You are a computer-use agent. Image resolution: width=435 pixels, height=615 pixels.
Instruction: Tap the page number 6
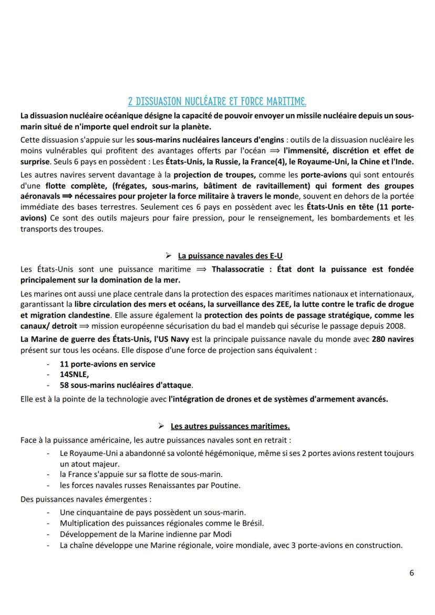411,573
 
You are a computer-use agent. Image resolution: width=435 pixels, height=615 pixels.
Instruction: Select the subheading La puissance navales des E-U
231,256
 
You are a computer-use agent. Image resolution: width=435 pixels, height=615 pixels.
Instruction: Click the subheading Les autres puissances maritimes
230,425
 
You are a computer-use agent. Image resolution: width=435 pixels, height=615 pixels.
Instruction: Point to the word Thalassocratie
236,269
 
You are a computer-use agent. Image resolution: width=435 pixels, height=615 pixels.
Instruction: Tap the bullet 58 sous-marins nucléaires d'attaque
126,385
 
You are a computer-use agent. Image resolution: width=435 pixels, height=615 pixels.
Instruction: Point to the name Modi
222,534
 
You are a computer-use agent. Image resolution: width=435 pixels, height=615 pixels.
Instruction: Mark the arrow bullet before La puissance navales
168,256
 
